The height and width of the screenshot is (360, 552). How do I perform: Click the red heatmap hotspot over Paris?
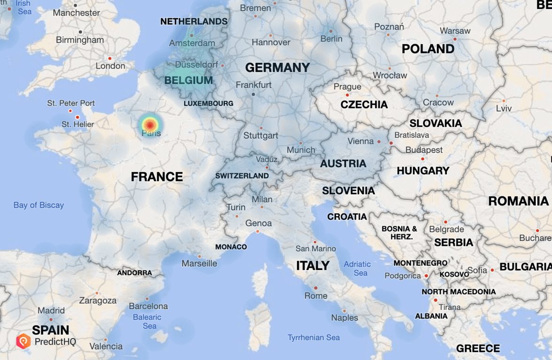[150, 125]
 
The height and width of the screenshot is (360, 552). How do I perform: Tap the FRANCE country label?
[157, 177]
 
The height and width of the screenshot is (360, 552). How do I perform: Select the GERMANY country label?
[277, 68]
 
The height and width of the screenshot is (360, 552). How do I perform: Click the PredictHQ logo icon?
[23, 341]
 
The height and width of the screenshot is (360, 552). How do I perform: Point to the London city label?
[110, 66]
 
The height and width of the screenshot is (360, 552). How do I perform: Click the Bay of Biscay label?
[38, 205]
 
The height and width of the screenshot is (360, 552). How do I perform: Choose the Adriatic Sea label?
[357, 268]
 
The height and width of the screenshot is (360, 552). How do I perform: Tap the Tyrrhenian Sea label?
[314, 337]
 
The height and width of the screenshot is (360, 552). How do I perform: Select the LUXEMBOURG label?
[208, 103]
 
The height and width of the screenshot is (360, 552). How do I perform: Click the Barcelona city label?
[148, 306]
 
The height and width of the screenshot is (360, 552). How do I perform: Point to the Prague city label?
[347, 87]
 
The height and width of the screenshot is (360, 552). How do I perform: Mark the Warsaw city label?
[455, 31]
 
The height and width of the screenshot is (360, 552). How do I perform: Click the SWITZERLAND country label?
[242, 176]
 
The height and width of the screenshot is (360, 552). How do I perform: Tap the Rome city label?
[316, 296]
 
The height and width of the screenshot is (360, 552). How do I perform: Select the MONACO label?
[231, 247]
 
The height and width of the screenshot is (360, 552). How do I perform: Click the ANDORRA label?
[134, 273]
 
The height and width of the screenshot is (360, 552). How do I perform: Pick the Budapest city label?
[424, 150]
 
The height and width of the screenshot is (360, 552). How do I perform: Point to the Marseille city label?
[199, 264]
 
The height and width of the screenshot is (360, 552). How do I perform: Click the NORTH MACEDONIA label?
[459, 292]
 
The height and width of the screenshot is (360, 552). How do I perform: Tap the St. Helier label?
[78, 124]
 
